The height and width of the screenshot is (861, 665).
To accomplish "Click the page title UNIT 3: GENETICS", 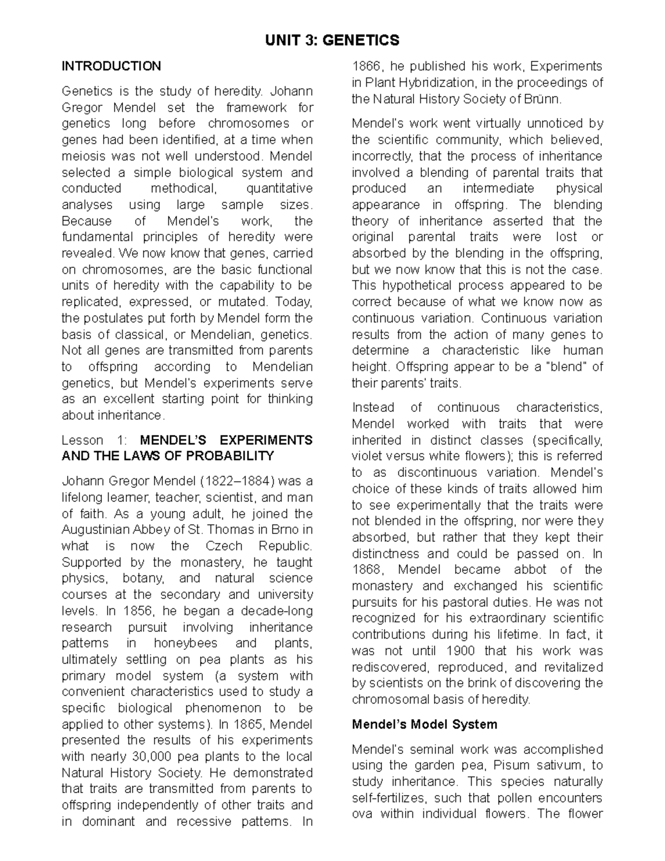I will (332, 40).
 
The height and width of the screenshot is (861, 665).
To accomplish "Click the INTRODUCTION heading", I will (111, 66).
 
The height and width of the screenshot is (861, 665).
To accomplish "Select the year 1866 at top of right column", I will (366, 67).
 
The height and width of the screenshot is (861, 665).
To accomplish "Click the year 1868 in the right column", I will (366, 569).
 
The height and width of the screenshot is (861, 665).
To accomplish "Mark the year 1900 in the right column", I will (460, 651).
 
